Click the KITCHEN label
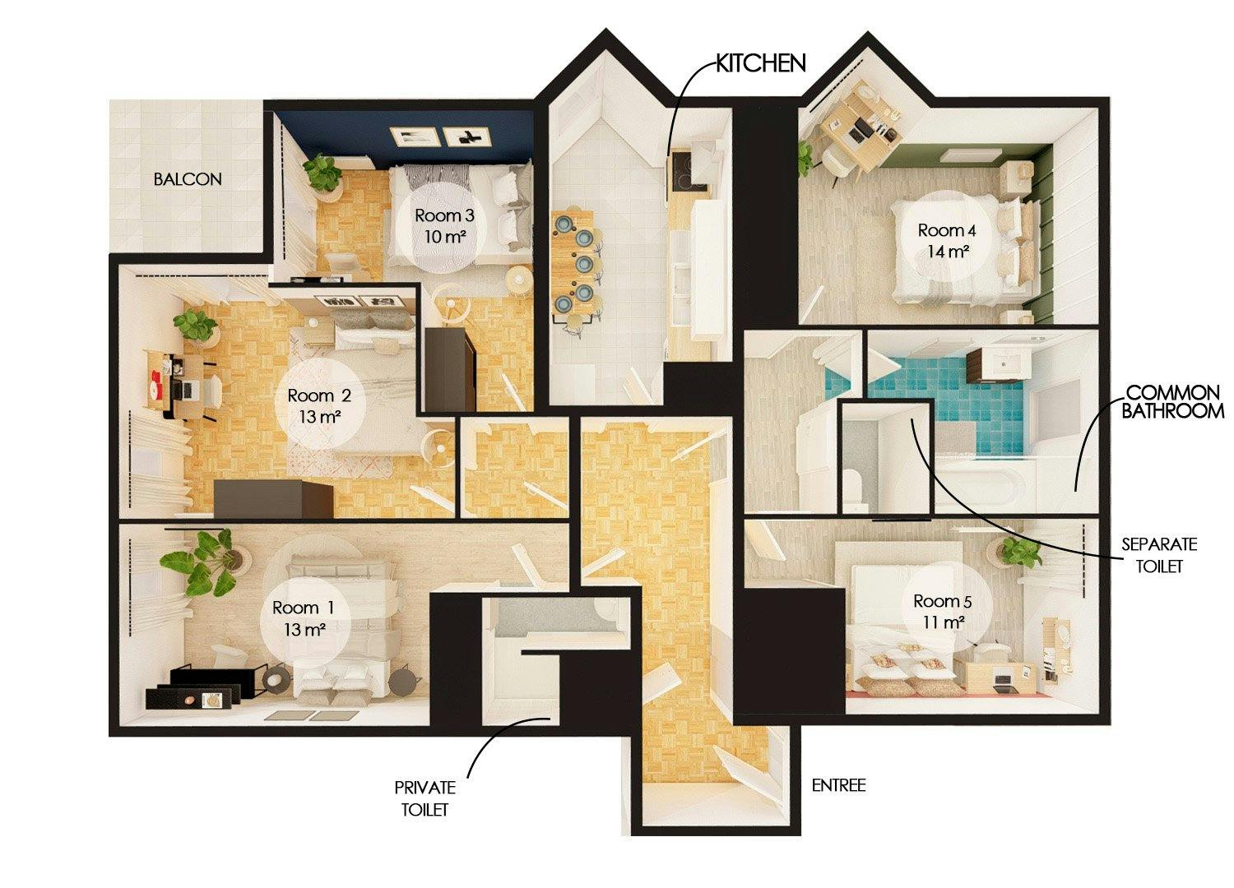tap(760, 63)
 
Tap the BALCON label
tap(188, 178)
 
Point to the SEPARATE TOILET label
tap(1160, 555)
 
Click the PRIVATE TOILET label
tap(424, 798)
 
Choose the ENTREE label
tap(838, 785)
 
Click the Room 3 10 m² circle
tap(444, 226)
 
